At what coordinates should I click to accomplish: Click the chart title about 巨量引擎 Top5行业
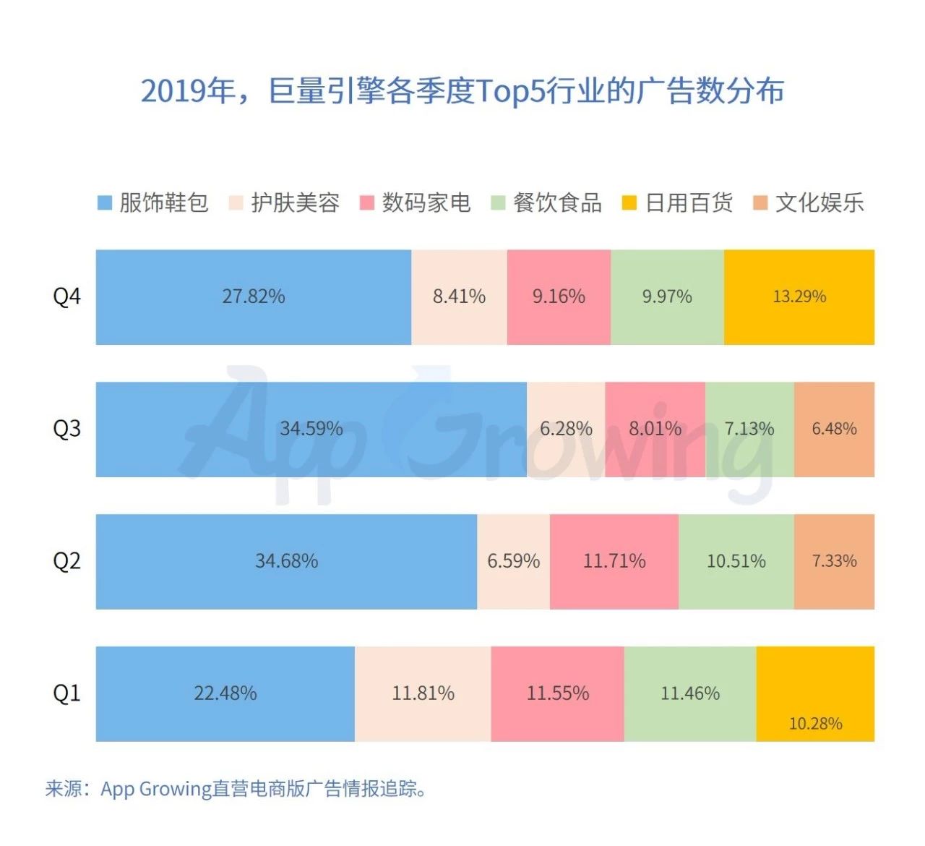[x=462, y=92]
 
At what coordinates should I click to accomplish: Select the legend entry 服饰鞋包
[x=153, y=203]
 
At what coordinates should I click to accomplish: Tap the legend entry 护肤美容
[x=284, y=203]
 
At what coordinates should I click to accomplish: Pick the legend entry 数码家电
[x=416, y=203]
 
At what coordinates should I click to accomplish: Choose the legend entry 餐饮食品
[x=546, y=203]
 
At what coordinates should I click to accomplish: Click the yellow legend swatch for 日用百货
[x=629, y=203]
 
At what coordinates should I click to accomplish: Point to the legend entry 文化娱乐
[x=809, y=203]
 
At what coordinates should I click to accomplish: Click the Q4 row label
[x=66, y=296]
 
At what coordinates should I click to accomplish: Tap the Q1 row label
[x=66, y=693]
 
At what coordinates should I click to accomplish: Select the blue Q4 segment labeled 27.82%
[x=253, y=296]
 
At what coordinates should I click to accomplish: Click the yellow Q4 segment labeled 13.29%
[x=799, y=296]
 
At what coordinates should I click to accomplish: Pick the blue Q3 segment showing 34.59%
[x=311, y=429]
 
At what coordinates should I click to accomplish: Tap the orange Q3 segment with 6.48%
[x=834, y=429]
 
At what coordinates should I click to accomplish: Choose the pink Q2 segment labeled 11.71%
[x=614, y=561]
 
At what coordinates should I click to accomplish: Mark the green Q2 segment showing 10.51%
[x=736, y=561]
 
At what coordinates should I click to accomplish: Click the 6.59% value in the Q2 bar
[x=513, y=561]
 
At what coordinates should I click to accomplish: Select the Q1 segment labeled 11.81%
[x=423, y=693]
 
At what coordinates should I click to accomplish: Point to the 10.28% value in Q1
[x=815, y=724]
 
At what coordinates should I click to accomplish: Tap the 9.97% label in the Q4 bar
[x=667, y=296]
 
